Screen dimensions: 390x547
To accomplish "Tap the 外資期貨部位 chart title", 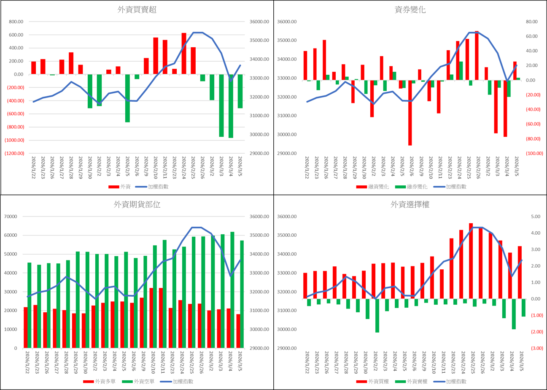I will coord(137,205).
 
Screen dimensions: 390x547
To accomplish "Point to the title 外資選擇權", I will coord(410,205).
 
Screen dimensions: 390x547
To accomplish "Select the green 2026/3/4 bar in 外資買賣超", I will coord(231,106).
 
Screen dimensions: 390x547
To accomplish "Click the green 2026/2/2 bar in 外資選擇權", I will coord(377,316).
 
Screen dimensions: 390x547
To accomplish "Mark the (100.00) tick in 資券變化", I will coord(534,153).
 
